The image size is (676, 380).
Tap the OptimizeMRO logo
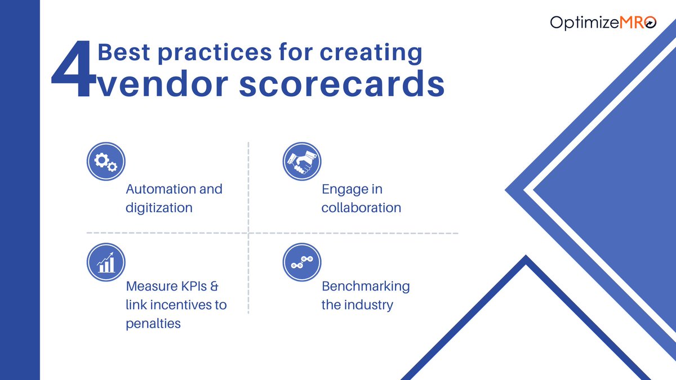click(x=603, y=23)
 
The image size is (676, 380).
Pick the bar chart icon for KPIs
click(x=106, y=262)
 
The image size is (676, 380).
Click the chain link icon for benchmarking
click(x=301, y=262)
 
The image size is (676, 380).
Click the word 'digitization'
click(x=159, y=208)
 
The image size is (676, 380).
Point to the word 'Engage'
click(x=344, y=189)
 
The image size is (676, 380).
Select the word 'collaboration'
click(x=361, y=208)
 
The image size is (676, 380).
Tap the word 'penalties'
click(x=153, y=324)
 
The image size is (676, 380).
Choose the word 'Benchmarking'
click(x=366, y=286)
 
